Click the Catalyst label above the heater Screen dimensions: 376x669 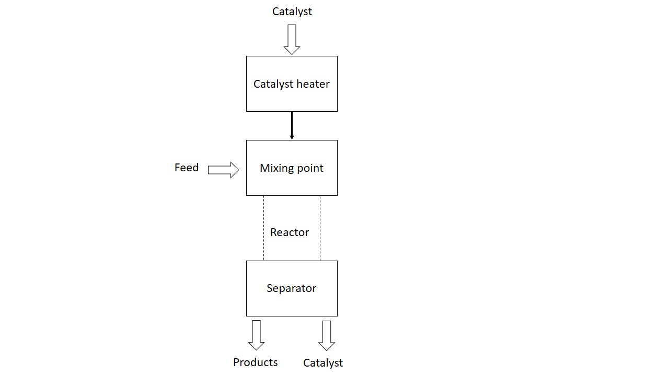coord(292,11)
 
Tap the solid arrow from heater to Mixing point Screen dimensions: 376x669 coord(292,125)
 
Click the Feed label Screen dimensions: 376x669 coord(187,168)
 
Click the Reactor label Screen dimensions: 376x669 coord(290,232)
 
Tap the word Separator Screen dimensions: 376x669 coord(292,288)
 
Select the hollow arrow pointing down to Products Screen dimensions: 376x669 coord(256,335)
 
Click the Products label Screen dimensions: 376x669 coord(256,362)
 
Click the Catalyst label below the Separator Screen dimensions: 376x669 coord(323,363)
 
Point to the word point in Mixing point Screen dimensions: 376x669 coord(311,169)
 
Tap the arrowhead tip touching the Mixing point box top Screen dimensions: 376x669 coord(292,138)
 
